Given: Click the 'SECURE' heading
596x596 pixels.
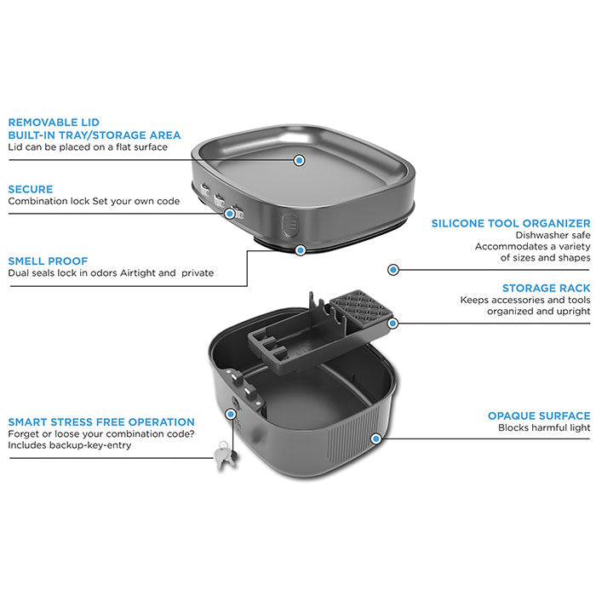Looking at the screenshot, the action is tap(31, 189).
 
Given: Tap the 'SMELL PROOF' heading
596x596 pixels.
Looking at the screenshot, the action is tap(48, 261).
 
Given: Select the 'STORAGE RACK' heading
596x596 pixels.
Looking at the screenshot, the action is tap(547, 288).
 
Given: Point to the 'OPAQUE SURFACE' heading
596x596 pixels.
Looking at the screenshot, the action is tap(539, 415).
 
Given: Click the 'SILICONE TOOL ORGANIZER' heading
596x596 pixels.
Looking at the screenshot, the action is tap(511, 223).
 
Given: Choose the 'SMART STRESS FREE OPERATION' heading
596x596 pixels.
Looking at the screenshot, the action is tap(101, 422).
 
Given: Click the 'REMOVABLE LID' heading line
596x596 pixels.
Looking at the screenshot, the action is tap(54, 123).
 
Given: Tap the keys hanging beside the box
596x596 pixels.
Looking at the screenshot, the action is tap(225, 455).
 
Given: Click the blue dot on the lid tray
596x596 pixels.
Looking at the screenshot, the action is tap(300, 160).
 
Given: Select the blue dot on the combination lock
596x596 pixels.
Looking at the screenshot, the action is tap(230, 214).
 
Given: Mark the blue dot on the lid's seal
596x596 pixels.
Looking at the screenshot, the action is tap(301, 250).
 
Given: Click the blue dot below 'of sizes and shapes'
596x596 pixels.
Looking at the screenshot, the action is tap(393, 270).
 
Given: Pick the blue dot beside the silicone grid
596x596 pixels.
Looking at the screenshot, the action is tap(393, 324).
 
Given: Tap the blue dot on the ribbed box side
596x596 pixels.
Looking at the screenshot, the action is tap(376, 439).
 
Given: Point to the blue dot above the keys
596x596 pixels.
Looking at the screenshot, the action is tap(231, 414).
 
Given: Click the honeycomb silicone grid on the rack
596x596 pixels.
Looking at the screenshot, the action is tap(361, 308).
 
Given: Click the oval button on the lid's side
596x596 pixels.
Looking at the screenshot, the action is tap(289, 225).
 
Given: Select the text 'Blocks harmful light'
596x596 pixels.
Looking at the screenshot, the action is tap(544, 427).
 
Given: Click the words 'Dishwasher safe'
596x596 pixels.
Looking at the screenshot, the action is tap(553, 235).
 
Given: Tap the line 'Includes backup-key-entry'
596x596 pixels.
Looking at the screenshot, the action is tap(70, 445).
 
